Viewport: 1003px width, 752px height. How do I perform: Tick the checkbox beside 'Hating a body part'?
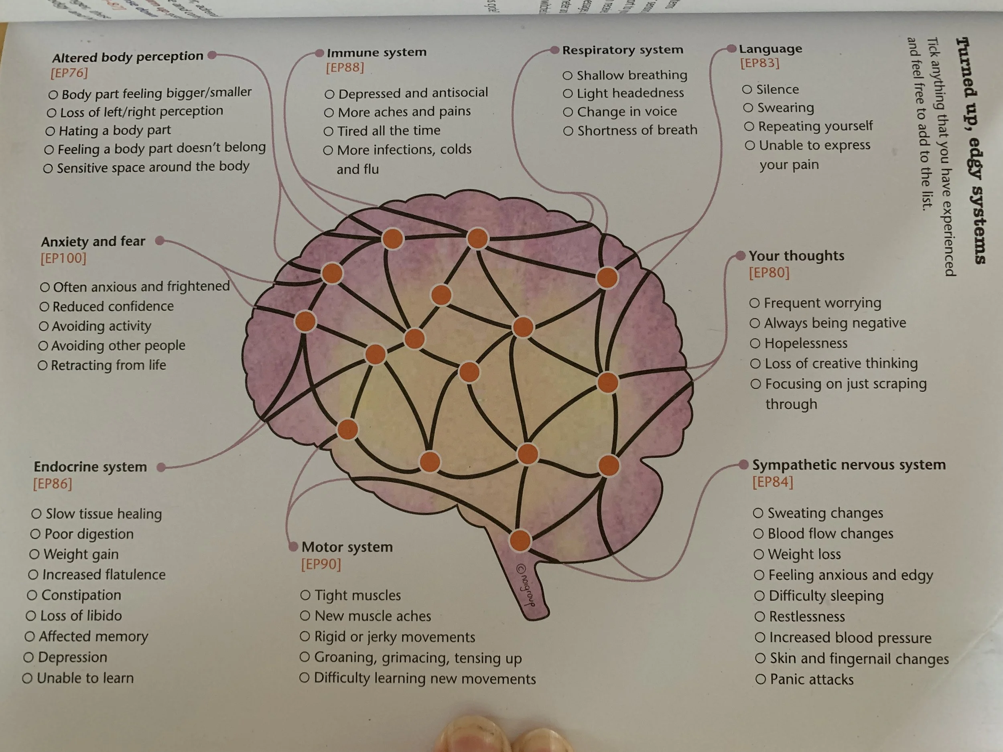(x=50, y=132)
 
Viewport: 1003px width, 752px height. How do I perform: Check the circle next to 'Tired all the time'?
(x=329, y=132)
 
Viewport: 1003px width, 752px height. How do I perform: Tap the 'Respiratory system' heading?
(x=622, y=50)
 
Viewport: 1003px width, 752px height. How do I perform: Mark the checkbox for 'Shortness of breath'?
(x=568, y=131)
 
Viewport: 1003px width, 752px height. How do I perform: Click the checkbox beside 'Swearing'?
(x=748, y=108)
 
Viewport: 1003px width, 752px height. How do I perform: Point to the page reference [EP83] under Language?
(x=759, y=63)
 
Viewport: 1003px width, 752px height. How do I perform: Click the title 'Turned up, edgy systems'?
(x=971, y=150)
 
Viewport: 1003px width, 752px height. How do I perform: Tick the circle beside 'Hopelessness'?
(x=755, y=344)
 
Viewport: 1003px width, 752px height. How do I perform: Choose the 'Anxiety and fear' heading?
(x=93, y=241)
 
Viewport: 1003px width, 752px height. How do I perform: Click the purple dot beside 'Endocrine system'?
(x=160, y=467)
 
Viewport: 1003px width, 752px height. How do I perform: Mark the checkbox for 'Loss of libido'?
(x=31, y=616)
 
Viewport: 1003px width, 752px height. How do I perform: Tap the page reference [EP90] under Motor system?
(x=321, y=564)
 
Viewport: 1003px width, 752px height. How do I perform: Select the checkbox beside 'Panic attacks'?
(x=760, y=679)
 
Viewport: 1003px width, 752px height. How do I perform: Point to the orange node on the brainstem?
(x=520, y=540)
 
